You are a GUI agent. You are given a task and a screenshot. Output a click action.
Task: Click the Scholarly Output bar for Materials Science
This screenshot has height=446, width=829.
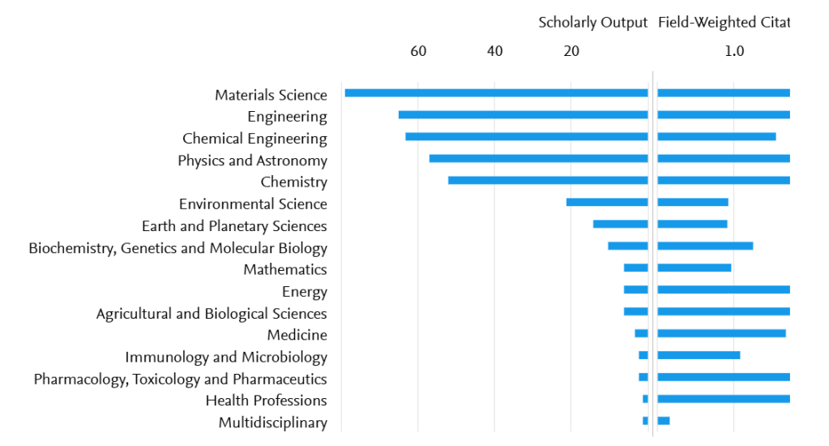(x=496, y=93)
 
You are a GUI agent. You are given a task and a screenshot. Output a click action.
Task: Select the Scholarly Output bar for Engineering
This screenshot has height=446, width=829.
(x=523, y=115)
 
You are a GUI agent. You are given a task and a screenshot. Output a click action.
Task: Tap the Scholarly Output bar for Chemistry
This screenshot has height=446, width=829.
(x=548, y=180)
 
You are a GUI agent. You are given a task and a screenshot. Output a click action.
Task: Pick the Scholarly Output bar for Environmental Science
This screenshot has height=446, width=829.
(x=607, y=202)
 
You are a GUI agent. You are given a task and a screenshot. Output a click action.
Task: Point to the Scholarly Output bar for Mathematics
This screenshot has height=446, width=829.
(x=635, y=268)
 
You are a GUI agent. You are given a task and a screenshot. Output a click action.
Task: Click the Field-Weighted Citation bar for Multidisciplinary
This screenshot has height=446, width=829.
(x=664, y=420)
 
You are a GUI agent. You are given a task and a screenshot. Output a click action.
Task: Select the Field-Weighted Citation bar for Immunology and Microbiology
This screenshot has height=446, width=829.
(x=699, y=355)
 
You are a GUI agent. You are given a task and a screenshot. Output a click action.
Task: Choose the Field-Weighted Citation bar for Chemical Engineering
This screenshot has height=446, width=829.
(x=716, y=137)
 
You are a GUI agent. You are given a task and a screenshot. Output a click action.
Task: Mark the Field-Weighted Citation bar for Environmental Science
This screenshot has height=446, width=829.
(x=693, y=202)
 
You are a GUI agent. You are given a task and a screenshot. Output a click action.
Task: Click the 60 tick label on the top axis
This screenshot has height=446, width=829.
(x=418, y=51)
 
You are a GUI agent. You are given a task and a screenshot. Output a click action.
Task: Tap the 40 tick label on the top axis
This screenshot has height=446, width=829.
(x=495, y=51)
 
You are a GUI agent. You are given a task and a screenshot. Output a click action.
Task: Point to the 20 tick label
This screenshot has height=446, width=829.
(x=571, y=51)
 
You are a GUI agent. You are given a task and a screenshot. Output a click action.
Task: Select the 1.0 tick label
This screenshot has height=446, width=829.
(x=734, y=51)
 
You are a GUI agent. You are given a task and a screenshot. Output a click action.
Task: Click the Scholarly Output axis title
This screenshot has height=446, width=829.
(x=592, y=23)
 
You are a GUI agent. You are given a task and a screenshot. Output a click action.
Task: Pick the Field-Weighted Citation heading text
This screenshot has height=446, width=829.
(x=723, y=23)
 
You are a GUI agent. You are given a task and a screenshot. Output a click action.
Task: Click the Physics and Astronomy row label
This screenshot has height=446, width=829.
(x=253, y=161)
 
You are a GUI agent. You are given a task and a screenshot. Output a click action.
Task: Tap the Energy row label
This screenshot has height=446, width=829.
(x=305, y=292)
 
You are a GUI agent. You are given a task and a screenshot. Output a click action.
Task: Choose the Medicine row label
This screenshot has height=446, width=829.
(x=297, y=335)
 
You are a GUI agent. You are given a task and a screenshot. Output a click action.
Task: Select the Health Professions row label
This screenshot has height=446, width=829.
(x=267, y=401)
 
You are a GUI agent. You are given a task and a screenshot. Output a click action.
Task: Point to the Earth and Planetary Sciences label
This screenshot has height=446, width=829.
(x=234, y=226)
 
